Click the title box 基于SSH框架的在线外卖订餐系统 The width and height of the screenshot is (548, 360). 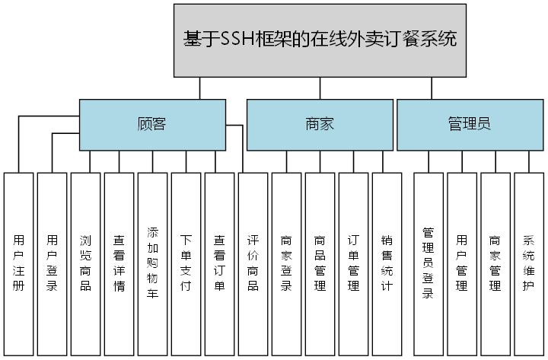click(x=320, y=40)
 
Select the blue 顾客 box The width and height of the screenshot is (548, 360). click(x=152, y=124)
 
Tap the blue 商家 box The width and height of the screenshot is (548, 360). click(x=319, y=124)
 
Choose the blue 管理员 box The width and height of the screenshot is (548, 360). click(x=469, y=124)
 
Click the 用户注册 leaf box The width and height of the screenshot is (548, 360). click(x=18, y=263)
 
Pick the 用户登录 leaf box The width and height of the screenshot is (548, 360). click(x=52, y=263)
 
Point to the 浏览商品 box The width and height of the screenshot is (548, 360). click(x=85, y=263)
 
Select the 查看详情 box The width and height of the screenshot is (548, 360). click(x=119, y=263)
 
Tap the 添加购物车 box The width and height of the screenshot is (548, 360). click(x=152, y=263)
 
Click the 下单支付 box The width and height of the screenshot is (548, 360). click(x=186, y=263)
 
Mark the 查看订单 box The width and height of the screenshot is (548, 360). click(x=219, y=263)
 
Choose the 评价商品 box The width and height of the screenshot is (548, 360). click(x=253, y=263)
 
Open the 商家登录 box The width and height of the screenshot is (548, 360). click(x=286, y=263)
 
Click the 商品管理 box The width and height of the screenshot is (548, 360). click(x=320, y=263)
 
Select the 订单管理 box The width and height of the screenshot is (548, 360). click(x=353, y=263)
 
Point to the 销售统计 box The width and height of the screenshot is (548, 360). click(x=387, y=263)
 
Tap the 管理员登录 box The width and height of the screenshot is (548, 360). click(x=429, y=263)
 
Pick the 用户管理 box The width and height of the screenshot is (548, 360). click(x=462, y=263)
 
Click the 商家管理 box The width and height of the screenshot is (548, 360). click(x=495, y=263)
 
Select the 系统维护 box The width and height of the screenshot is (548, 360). click(x=529, y=263)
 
